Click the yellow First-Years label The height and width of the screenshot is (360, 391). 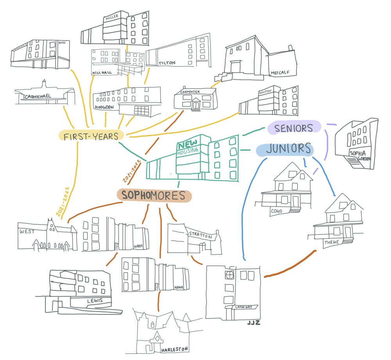[91, 136]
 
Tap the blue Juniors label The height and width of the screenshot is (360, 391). [285, 149]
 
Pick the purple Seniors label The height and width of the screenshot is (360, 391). [294, 128]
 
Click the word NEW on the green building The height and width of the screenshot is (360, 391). [185, 145]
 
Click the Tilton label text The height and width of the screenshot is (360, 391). [167, 63]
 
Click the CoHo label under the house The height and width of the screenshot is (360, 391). [276, 211]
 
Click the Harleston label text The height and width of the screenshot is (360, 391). [175, 349]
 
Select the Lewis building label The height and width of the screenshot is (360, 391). [95, 301]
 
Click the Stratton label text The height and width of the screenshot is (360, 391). [200, 236]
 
